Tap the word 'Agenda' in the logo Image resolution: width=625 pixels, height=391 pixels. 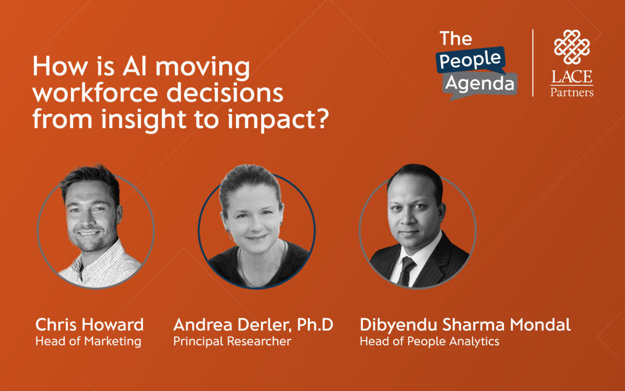click(480, 84)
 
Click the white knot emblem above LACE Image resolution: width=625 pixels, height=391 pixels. click(572, 47)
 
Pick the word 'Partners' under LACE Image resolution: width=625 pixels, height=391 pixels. click(572, 92)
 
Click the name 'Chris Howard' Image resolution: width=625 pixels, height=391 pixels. click(90, 325)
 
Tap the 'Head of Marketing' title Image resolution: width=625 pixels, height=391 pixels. click(88, 341)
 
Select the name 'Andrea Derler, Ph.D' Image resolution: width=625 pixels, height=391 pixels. click(253, 325)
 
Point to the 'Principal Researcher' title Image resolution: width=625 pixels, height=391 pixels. click(232, 341)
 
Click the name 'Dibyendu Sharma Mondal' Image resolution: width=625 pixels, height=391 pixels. click(465, 325)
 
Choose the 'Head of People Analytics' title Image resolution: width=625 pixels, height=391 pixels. click(429, 341)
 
